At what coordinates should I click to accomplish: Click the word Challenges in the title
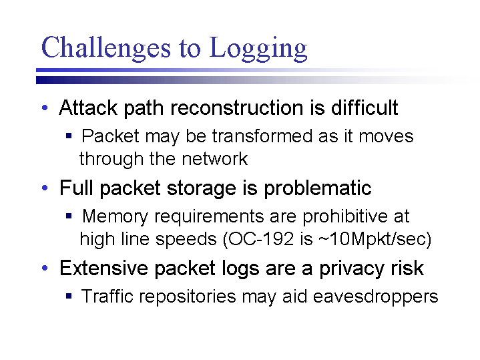106,48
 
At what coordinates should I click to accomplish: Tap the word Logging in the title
258,48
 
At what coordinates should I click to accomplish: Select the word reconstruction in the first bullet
237,108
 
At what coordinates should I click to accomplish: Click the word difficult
365,108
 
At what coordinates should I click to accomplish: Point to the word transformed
262,136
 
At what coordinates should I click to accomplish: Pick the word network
214,159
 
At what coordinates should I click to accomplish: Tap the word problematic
318,188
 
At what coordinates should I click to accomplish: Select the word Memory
115,216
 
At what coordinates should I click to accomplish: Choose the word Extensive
103,268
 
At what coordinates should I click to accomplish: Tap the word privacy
352,268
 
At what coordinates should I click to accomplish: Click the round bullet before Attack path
45,108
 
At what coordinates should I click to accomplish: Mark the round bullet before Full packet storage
45,188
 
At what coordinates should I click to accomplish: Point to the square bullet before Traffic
69,297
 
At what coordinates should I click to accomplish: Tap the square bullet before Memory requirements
69,216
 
